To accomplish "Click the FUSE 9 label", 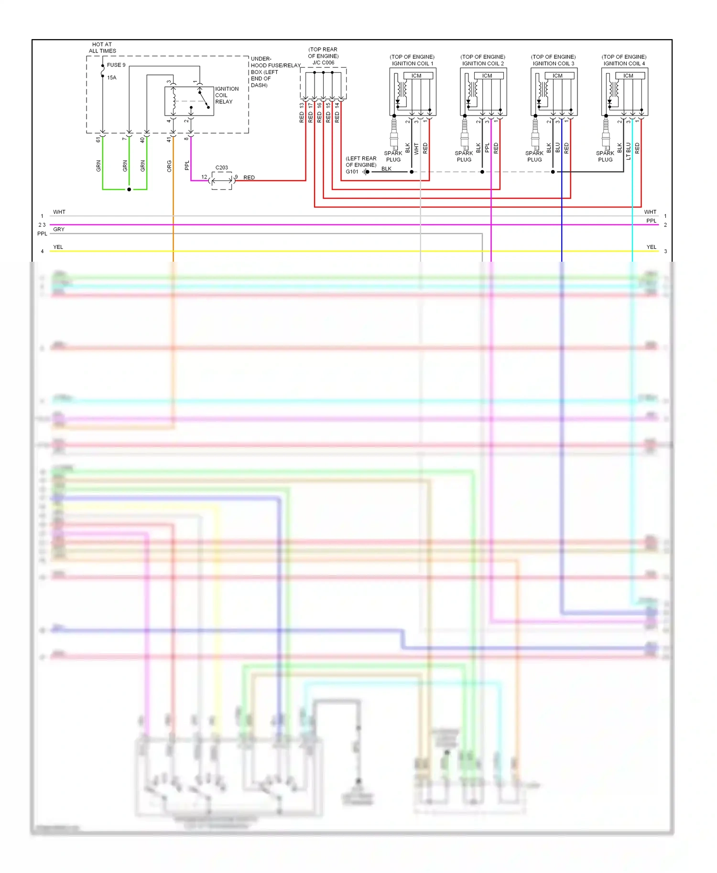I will pos(116,65).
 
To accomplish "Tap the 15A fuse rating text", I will pos(112,77).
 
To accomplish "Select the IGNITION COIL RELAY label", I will pos(226,95).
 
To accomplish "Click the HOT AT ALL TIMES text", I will pos(102,47).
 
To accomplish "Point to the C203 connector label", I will pos(222,168).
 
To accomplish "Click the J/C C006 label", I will pos(323,63).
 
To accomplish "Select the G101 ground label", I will pos(352,171).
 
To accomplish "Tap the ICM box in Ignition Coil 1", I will pos(416,75).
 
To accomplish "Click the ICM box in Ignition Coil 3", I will pos(557,75).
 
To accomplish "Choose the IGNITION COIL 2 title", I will pos(483,63).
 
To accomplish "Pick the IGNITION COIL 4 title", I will pos(624,63).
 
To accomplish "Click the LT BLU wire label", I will pos(629,151).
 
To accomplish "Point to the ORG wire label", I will pos(169,166).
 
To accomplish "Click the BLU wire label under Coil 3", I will pos(558,148).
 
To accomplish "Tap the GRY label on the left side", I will pos(59,229).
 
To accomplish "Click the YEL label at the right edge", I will pos(651,247).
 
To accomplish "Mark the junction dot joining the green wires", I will pos(129,190).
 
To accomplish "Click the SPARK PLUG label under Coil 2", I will pos(464,156).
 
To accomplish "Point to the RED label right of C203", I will pos(249,178).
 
